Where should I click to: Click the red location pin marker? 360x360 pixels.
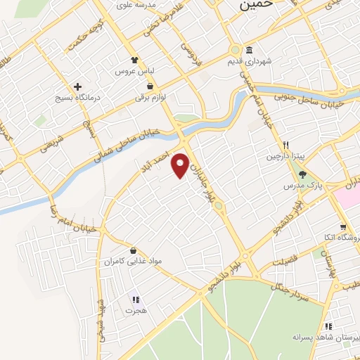pos(181,164)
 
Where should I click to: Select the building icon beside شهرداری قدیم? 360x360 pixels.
pos(250,50)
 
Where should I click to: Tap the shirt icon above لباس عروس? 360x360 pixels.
pos(135,60)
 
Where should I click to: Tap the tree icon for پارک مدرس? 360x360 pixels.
pos(303,174)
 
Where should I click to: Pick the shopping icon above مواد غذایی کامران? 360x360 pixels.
pos(133,250)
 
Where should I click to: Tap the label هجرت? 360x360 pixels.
pos(134,310)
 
